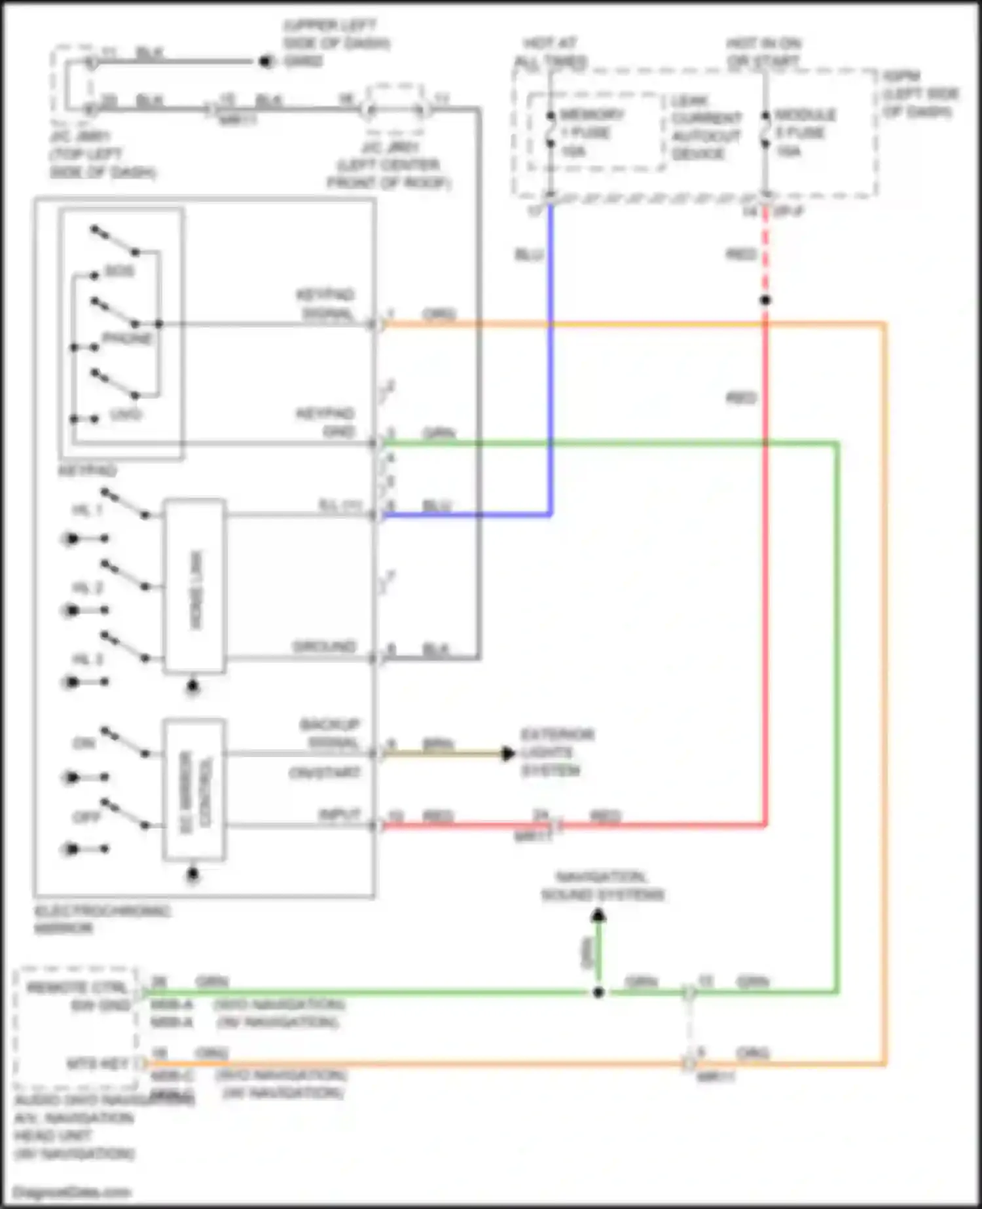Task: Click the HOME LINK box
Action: coord(195,587)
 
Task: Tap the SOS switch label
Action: coord(120,271)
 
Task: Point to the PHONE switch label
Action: coord(128,339)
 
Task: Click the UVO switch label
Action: coord(126,415)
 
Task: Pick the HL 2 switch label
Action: coord(87,588)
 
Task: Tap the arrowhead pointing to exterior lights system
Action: coord(508,754)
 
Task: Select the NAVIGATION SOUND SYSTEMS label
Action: coord(602,885)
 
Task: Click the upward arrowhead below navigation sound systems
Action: coord(598,916)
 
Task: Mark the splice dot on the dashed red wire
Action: coord(765,301)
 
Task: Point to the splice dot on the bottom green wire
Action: coord(598,992)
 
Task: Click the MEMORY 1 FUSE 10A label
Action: coord(589,132)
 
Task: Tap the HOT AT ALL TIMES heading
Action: coord(550,52)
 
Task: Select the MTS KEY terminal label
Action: coord(98,1064)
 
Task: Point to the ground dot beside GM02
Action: coord(265,62)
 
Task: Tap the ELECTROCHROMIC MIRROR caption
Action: coord(101,919)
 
